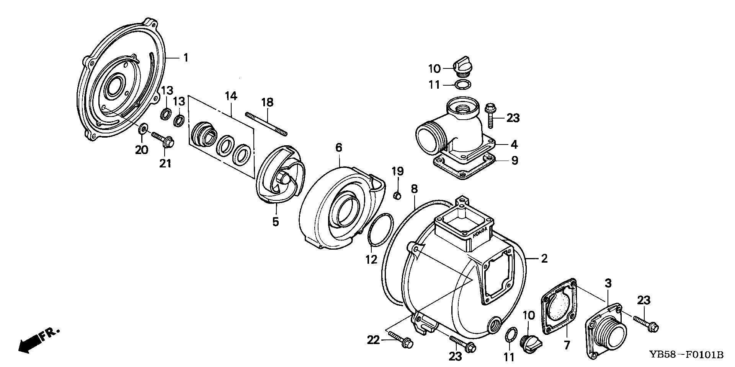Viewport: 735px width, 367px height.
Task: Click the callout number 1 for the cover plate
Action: click(x=186, y=58)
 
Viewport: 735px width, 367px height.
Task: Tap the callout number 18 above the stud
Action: click(x=268, y=102)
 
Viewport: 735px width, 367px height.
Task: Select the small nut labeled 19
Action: click(x=397, y=195)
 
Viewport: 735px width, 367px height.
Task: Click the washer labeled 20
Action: click(x=143, y=127)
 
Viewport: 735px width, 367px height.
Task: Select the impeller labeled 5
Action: click(x=279, y=180)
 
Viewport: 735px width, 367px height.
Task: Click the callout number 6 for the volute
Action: click(x=339, y=148)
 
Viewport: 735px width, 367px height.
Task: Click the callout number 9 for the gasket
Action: click(x=514, y=160)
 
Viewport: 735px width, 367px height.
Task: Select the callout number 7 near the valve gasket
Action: click(x=567, y=345)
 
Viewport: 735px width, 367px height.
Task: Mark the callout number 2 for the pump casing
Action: click(x=544, y=258)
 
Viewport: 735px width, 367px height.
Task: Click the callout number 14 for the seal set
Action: click(x=231, y=97)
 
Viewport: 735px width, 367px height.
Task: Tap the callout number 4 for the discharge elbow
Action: click(x=514, y=144)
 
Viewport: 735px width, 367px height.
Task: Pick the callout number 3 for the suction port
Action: click(x=608, y=284)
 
